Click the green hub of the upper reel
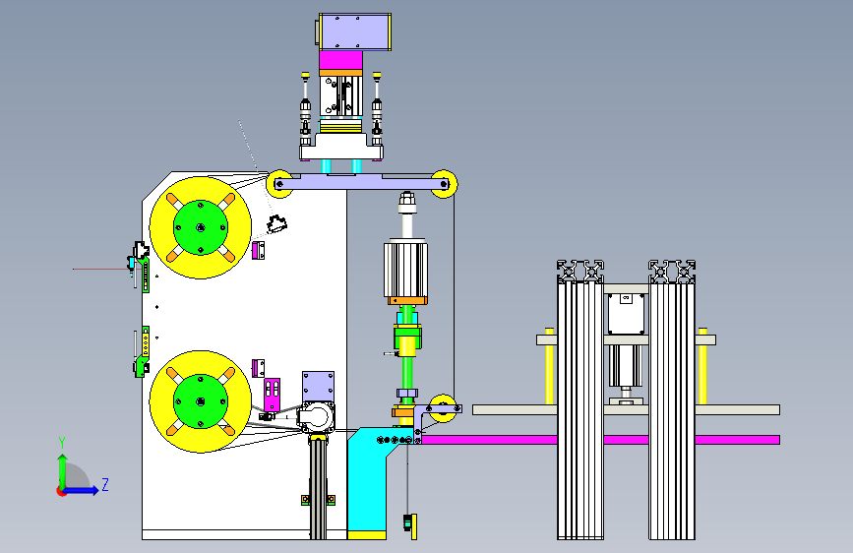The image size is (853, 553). coord(200,227)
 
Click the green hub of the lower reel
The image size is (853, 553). coord(200,401)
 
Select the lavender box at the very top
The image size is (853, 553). coord(355,32)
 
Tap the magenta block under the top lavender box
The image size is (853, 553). coord(340,60)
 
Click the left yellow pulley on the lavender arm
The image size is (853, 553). coord(279,184)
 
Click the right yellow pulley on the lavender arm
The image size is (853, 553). coord(444,184)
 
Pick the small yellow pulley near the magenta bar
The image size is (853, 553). coord(443,408)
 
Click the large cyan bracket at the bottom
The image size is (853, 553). coord(371,482)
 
